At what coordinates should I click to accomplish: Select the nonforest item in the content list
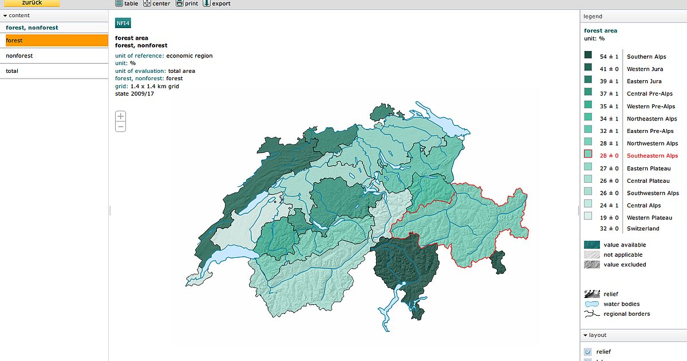tap(19, 56)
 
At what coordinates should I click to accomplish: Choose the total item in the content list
tap(12, 71)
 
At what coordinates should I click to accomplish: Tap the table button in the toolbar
tap(127, 3)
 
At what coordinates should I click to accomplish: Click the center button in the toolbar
tap(156, 3)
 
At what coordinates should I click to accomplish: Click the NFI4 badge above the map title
tap(123, 23)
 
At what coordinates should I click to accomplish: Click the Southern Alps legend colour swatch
tap(588, 56)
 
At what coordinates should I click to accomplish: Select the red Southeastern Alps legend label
tap(652, 156)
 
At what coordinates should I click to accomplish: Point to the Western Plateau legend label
tap(649, 218)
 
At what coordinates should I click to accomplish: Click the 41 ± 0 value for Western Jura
tap(609, 69)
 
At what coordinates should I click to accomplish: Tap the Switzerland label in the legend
tap(643, 229)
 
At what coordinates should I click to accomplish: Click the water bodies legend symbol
tap(591, 304)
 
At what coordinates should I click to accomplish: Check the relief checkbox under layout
tap(587, 351)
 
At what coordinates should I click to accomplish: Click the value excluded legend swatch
tap(591, 265)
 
